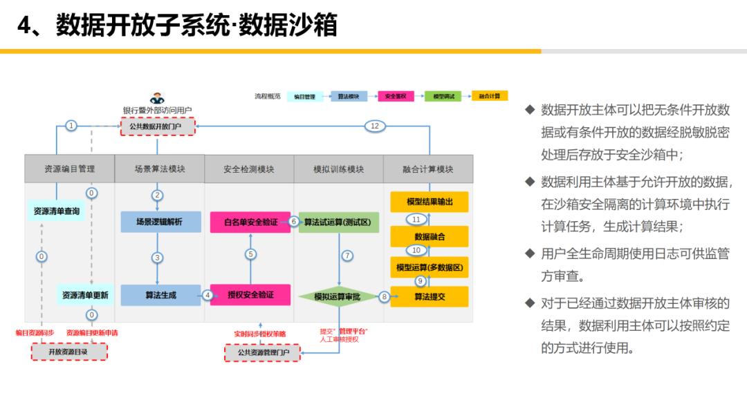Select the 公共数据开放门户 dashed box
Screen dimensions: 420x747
[x=158, y=126]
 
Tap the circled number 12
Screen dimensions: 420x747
[x=374, y=126]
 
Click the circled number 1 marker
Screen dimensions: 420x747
[x=71, y=126]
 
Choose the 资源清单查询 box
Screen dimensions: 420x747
[x=57, y=211]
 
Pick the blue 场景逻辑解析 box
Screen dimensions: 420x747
[x=160, y=222]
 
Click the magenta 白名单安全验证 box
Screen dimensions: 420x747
[x=250, y=222]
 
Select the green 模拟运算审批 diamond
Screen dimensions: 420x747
[x=339, y=296]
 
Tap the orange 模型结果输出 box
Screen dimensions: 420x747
[x=430, y=202]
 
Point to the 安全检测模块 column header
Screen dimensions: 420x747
[x=249, y=169]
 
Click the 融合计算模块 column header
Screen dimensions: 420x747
[x=428, y=169]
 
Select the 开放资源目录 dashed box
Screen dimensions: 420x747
[x=70, y=352]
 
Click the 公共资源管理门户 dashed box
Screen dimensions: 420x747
[x=263, y=352]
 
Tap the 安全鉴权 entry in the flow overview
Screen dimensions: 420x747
[x=395, y=97]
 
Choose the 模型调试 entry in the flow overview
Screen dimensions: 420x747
[x=443, y=97]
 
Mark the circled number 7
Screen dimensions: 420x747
[x=347, y=256]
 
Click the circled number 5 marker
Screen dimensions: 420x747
[x=251, y=254]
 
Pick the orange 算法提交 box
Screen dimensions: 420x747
[x=430, y=296]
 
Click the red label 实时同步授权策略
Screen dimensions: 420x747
[x=259, y=334]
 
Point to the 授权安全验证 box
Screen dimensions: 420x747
[x=250, y=295]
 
